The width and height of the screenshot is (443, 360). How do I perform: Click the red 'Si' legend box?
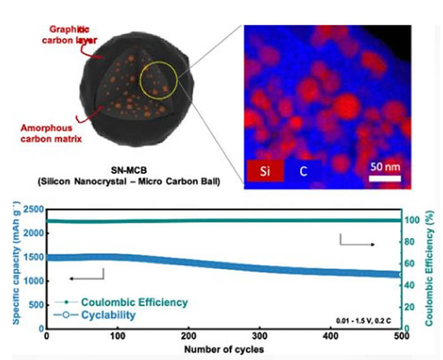coord(263,170)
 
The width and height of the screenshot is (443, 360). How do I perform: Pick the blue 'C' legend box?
coord(303,170)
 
